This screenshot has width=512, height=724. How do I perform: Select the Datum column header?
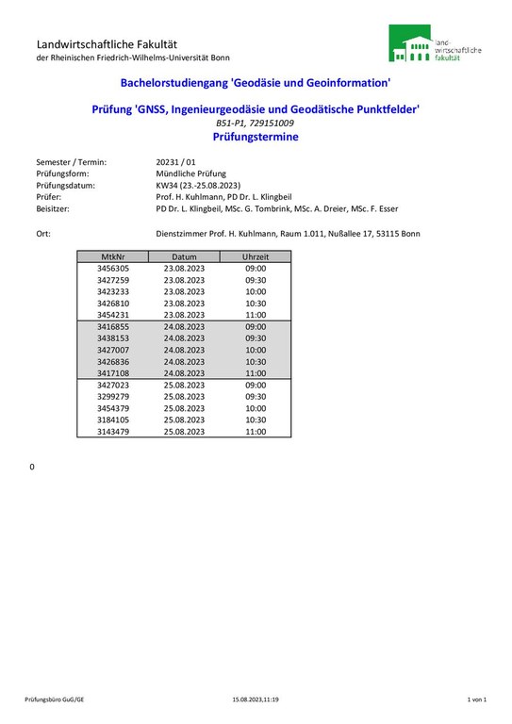pos(184,256)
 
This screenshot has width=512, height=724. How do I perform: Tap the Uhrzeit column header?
pos(256,256)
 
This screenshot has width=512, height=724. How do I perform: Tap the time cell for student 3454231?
pos(256,315)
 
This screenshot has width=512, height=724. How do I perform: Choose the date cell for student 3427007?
pos(184,350)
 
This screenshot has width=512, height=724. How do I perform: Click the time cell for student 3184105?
pos(256,420)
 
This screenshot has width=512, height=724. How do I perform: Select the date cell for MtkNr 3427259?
pos(184,280)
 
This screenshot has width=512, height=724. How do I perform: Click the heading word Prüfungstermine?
pos(256,137)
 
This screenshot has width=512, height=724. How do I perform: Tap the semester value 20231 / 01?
pos(175,162)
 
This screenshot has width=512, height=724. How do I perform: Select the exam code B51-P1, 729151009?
pos(255,123)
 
